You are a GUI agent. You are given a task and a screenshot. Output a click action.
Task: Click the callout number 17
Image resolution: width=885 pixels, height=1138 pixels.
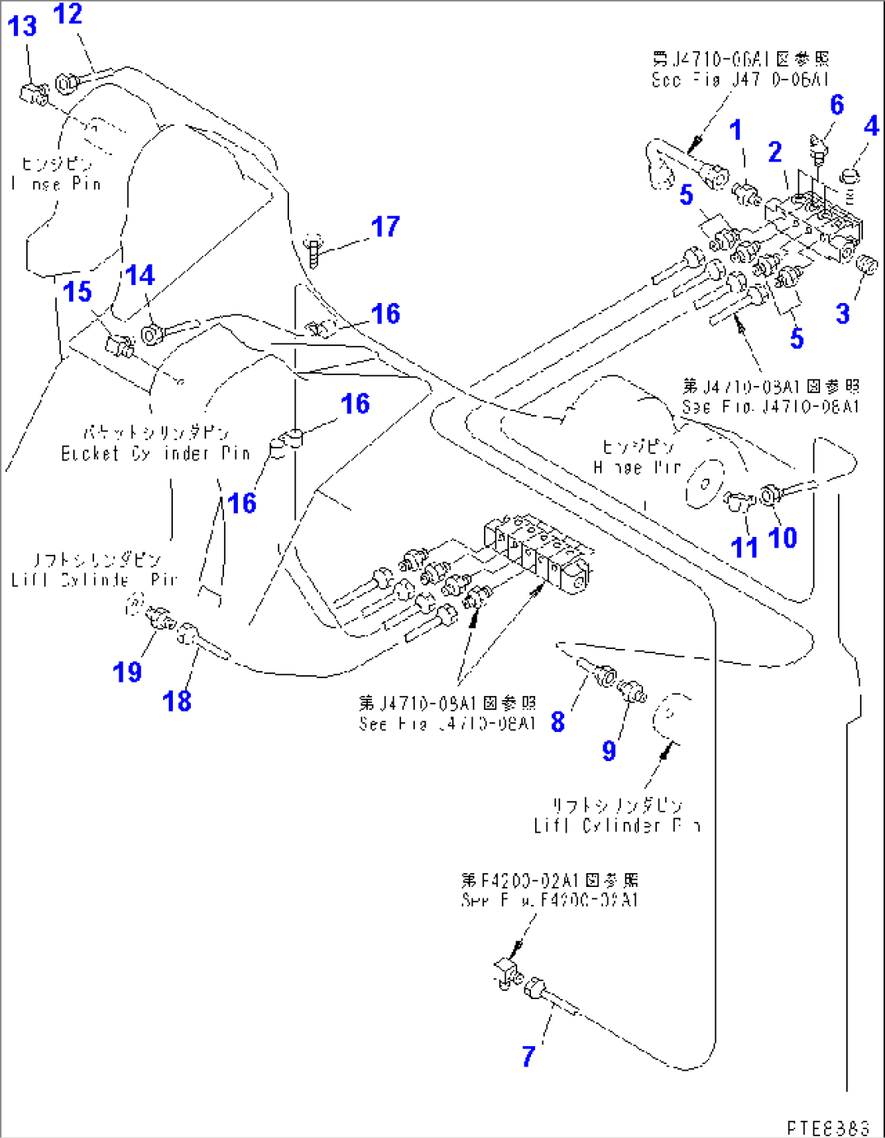pos(386,227)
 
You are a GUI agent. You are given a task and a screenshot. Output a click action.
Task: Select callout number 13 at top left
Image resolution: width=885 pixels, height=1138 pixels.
pos(22,26)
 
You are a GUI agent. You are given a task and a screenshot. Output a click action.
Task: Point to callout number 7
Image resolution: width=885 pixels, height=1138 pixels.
pos(529,1056)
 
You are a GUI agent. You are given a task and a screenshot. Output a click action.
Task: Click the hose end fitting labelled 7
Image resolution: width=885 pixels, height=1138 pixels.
pos(537,992)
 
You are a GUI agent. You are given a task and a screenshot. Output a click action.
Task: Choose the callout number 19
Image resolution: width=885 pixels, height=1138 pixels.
pos(127,672)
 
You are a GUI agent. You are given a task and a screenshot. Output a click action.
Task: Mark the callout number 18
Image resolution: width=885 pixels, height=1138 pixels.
pos(177,700)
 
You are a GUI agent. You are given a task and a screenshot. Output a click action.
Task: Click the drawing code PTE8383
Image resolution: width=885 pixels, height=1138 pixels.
pos(827,1127)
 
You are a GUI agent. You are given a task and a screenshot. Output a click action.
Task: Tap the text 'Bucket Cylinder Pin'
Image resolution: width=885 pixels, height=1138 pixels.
pos(155,453)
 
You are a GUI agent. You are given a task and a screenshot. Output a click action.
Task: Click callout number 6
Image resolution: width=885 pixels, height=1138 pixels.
pos(836,105)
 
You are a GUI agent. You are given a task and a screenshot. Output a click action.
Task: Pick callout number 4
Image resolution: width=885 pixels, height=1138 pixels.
pos(870,126)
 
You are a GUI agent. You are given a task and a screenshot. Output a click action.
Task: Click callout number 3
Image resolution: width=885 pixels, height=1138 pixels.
pos(843,313)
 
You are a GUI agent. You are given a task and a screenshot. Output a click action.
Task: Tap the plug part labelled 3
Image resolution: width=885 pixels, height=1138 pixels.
pos(866,265)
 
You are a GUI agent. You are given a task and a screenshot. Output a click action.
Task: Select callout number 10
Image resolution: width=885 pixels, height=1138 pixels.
pos(783,537)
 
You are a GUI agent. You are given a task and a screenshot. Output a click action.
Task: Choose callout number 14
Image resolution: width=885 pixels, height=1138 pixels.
pos(140,275)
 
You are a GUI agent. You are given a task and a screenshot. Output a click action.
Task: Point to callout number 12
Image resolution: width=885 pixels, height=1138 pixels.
pos(68,14)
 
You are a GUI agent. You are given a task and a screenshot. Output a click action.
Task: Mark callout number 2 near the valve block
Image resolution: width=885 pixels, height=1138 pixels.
pos(775,152)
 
